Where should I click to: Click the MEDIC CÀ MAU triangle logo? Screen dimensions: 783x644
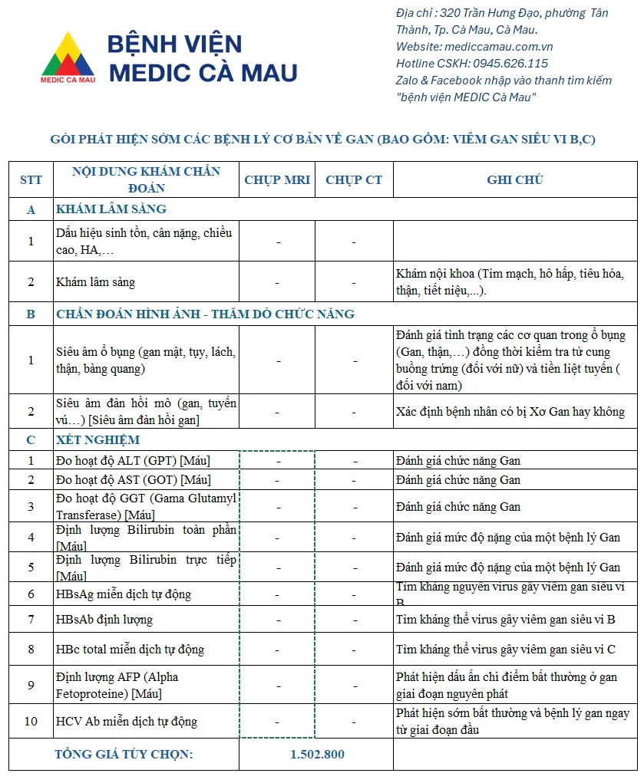coord(68,57)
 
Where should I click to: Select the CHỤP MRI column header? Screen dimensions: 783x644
coord(277,180)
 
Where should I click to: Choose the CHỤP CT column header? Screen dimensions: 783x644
coord(354,180)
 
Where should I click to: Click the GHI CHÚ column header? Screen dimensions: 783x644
coord(515,180)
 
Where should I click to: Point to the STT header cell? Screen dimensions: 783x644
coord(31,180)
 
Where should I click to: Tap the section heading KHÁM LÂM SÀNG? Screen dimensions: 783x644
coord(111,209)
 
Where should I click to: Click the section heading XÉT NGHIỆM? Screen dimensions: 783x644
coord(98,440)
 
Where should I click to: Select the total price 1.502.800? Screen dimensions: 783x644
coord(317,754)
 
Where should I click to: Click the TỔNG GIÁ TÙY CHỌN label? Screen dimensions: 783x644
coord(124,754)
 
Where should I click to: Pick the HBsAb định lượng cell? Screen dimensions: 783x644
coord(104,620)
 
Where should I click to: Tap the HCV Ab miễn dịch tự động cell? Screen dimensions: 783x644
coord(127,722)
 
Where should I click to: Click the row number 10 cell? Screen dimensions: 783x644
coord(31,722)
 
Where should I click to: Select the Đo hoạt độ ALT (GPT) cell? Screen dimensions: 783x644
coord(133,461)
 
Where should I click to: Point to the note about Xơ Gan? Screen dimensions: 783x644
coord(510,412)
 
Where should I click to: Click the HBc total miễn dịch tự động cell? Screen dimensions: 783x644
coord(130,650)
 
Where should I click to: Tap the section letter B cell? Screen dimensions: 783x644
coord(31,314)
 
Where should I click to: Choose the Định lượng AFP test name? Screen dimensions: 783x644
coord(117,685)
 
